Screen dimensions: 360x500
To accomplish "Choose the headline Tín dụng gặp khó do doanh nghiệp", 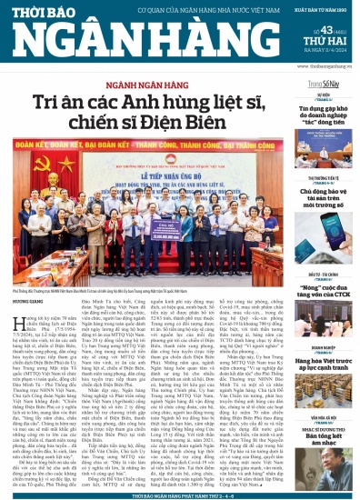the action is click(x=325, y=127).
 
